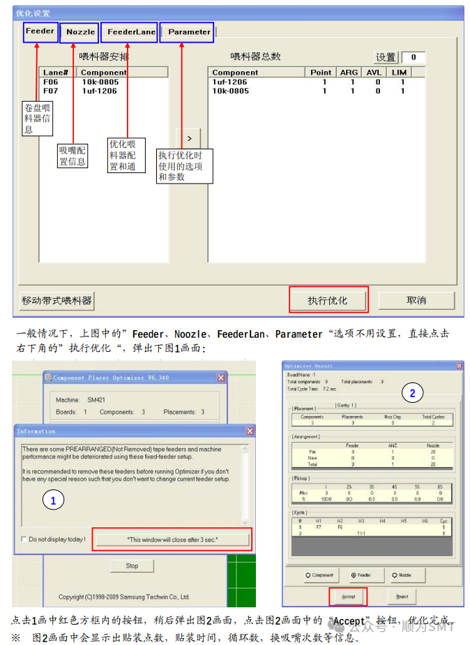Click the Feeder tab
pyautogui.click(x=40, y=31)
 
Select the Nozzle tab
pyautogui.click(x=80, y=32)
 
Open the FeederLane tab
pyautogui.click(x=131, y=32)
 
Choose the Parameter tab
pyautogui.click(x=188, y=32)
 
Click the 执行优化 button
pyautogui.click(x=328, y=300)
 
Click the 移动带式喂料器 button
pyautogui.click(x=56, y=300)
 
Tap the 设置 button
pyautogui.click(x=386, y=57)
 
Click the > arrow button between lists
pyautogui.click(x=189, y=138)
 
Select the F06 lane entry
pyautogui.click(x=51, y=82)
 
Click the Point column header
pyautogui.click(x=321, y=72)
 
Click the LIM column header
pyautogui.click(x=399, y=72)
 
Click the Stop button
pyautogui.click(x=132, y=565)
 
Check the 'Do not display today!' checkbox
pyautogui.click(x=25, y=540)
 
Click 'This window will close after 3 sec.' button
pyautogui.click(x=172, y=540)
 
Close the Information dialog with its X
pyautogui.click(x=250, y=431)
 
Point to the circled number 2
pyautogui.click(x=412, y=394)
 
